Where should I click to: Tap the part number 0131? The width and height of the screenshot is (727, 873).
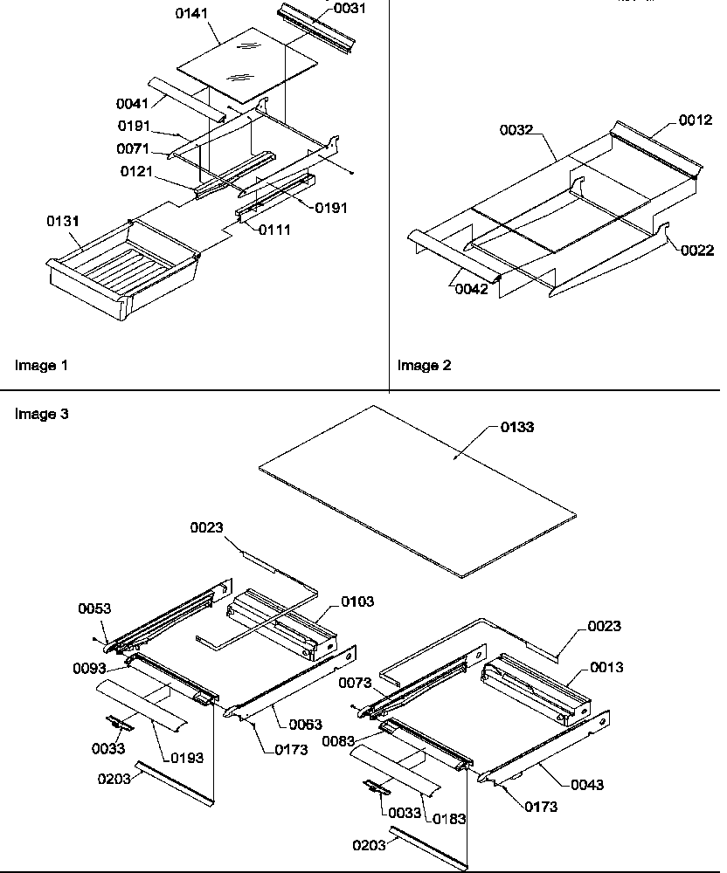click(63, 222)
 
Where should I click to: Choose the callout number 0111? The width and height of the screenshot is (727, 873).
click(273, 230)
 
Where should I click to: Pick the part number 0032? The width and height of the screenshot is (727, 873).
click(516, 130)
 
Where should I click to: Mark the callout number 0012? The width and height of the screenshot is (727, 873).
click(696, 121)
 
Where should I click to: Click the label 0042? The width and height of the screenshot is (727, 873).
click(471, 290)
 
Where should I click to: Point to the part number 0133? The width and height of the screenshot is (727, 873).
click(516, 427)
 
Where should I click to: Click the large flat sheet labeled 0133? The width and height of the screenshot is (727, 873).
click(419, 489)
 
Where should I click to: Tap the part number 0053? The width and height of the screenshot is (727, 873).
click(94, 608)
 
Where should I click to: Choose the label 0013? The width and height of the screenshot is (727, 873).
click(606, 667)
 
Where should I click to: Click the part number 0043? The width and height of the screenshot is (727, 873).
click(586, 785)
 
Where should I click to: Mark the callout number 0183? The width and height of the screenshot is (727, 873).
click(449, 819)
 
